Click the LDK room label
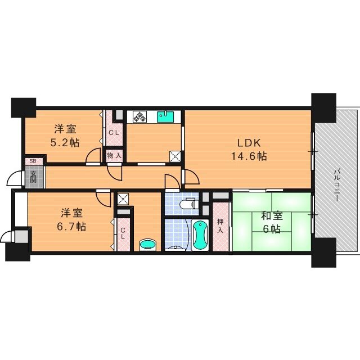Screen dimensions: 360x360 pos(247,142)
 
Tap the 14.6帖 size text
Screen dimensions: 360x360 pos(247,156)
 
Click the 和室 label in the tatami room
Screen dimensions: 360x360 pos(271,214)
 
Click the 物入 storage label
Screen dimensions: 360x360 pos(114,155)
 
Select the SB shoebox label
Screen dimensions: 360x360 pos(33,161)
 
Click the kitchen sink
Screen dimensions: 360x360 pos(166,117)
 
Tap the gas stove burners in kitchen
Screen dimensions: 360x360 pos(139,117)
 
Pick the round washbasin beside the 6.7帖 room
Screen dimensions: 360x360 pos(147,244)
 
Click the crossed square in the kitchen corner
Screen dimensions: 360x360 pos(175,157)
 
